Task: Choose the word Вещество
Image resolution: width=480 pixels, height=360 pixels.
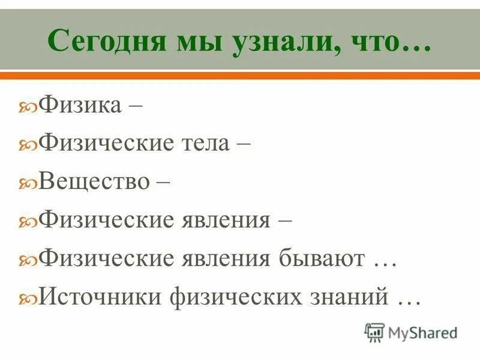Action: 94,181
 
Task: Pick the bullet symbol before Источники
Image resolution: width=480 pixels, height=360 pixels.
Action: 28,299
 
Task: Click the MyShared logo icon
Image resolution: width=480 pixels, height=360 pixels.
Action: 374,332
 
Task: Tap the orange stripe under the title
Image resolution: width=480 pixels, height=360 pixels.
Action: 240,76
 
